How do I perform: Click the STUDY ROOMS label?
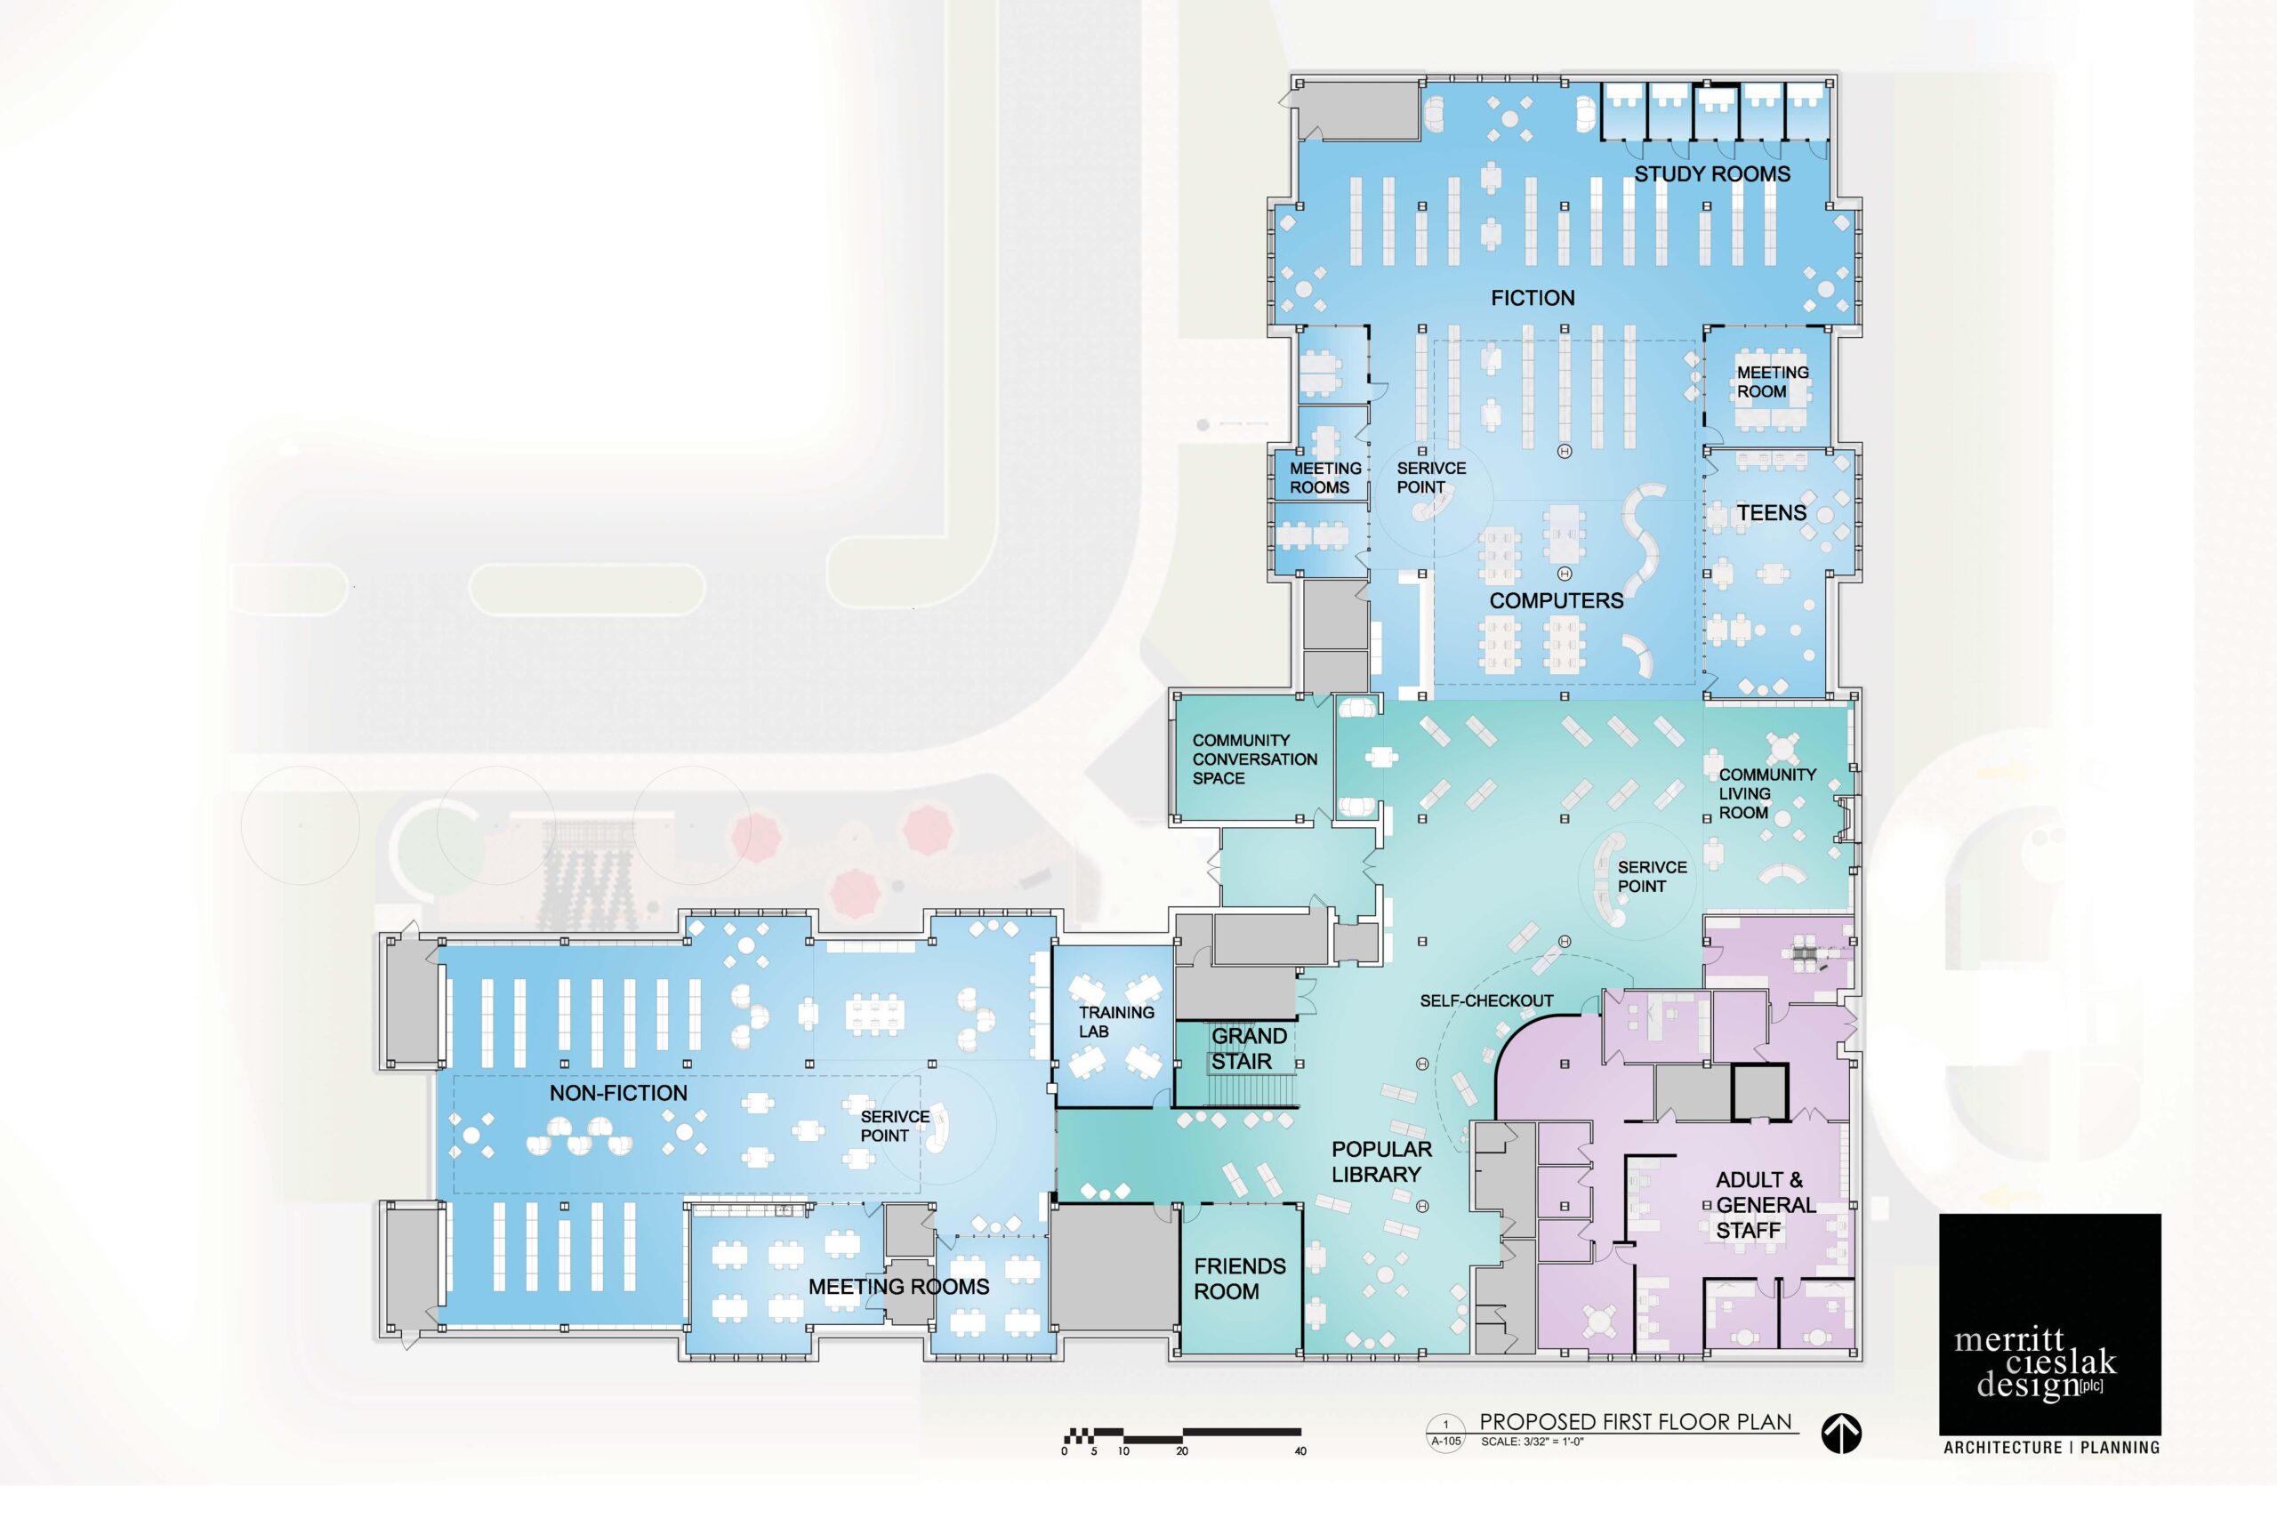click(x=1711, y=174)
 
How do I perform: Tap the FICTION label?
click(x=1533, y=298)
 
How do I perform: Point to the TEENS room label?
click(x=1771, y=513)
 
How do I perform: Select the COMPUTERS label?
click(x=1556, y=601)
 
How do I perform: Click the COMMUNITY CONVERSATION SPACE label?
click(x=1255, y=759)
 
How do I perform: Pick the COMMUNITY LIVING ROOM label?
click(x=1766, y=794)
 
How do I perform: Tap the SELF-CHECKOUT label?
click(x=1486, y=1001)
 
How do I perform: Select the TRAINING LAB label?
click(x=1116, y=1023)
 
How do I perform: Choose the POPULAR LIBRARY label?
click(x=1380, y=1161)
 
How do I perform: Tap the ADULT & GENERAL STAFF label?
click(x=1765, y=1205)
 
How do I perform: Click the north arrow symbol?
click(x=1840, y=1434)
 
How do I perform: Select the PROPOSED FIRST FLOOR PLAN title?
click(x=1636, y=1422)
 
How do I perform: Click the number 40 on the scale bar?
click(x=1300, y=1451)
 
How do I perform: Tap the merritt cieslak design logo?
click(x=2049, y=1324)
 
